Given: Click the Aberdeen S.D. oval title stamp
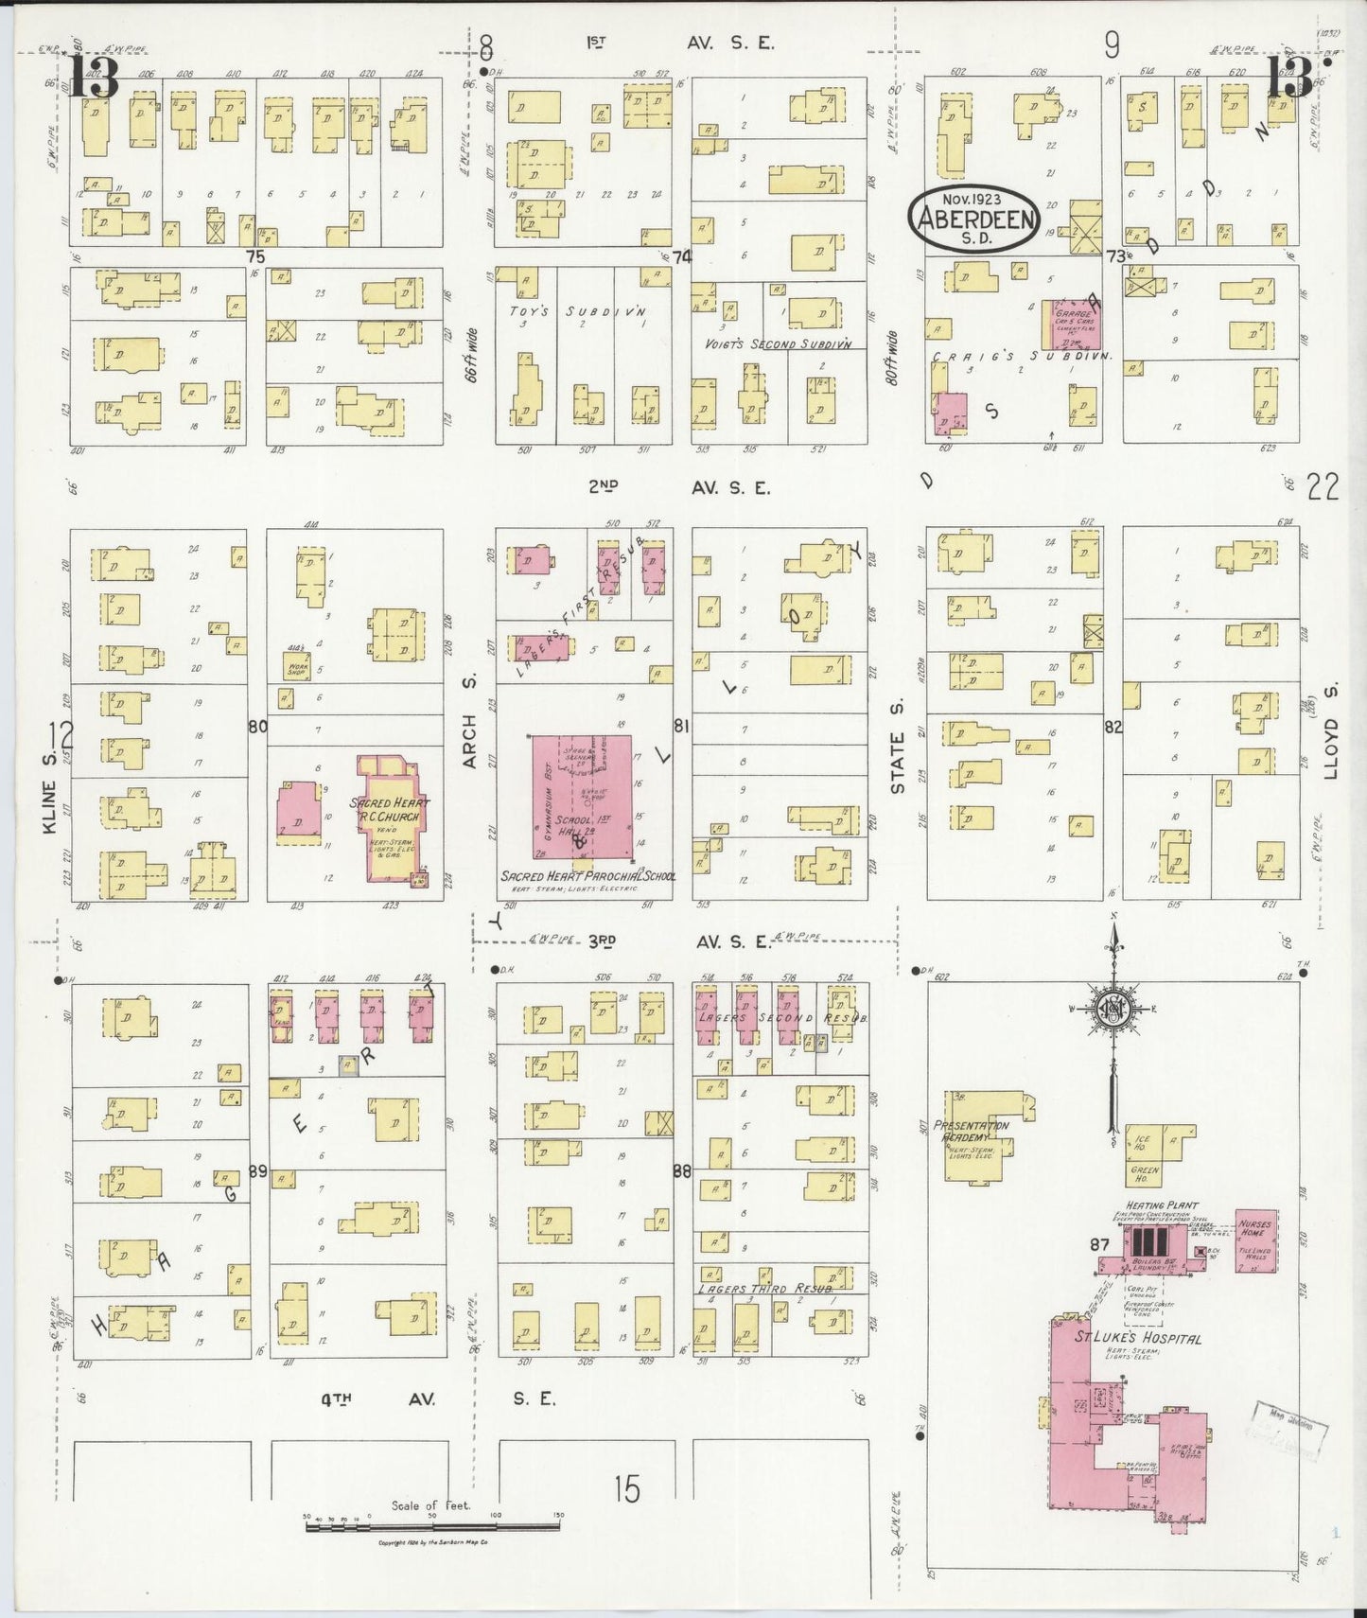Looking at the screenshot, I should coord(972,220).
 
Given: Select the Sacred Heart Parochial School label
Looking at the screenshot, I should coord(587,877).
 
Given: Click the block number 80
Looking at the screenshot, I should coord(257,727).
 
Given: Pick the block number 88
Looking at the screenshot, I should coord(681,1170).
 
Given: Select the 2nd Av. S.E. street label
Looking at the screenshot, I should coord(678,487).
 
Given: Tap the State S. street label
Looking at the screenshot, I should coord(897,762).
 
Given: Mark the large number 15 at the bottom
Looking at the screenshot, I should coord(626,1489).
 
